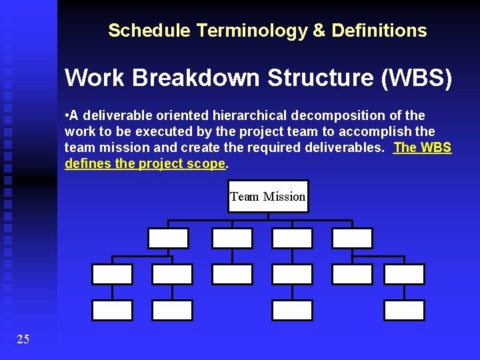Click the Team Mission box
(268, 197)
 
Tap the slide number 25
(23, 340)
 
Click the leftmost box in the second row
(168, 238)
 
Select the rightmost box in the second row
(352, 238)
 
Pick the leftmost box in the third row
(112, 274)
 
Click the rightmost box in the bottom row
(404, 310)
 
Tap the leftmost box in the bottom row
(112, 310)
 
